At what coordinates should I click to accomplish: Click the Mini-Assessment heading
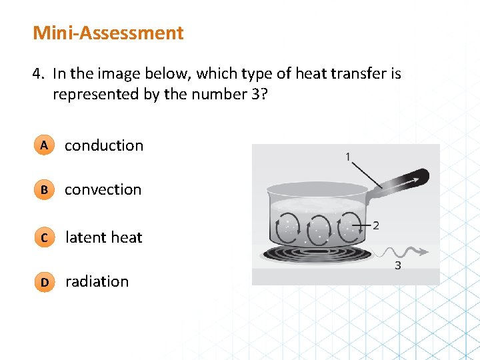tap(108, 33)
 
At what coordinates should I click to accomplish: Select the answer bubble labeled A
tap(43, 145)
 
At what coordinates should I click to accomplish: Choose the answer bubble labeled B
tap(43, 190)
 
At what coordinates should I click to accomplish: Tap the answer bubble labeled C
tap(43, 237)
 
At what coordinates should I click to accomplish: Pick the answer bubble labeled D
tap(43, 282)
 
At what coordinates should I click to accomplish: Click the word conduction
tap(103, 145)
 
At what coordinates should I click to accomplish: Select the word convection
tap(103, 190)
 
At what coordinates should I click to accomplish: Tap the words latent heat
tap(103, 237)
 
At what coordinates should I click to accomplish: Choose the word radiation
tap(97, 281)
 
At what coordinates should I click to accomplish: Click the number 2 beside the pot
tap(375, 225)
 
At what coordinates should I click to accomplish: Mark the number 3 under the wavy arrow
tap(397, 265)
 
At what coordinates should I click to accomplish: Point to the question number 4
tap(37, 74)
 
